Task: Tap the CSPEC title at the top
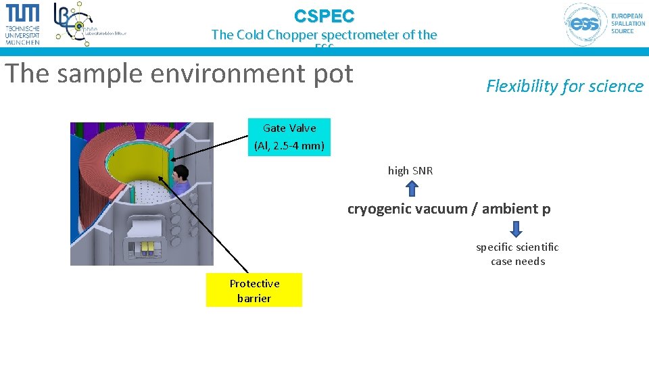pyautogui.click(x=324, y=16)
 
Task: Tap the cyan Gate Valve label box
pyautogui.click(x=289, y=137)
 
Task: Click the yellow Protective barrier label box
pyautogui.click(x=254, y=291)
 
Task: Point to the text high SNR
pyautogui.click(x=410, y=171)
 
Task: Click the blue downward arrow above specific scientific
pyautogui.click(x=517, y=229)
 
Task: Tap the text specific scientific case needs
pyautogui.click(x=517, y=254)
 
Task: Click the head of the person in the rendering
pyautogui.click(x=179, y=174)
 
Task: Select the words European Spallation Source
pyautogui.click(x=627, y=23)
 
